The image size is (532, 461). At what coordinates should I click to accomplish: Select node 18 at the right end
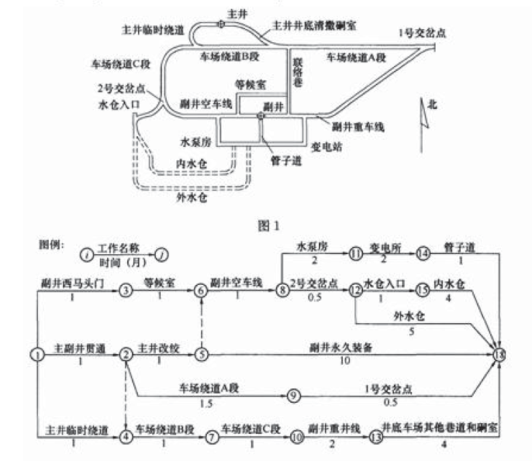(x=502, y=354)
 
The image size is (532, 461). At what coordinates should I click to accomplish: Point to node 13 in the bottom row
(x=376, y=437)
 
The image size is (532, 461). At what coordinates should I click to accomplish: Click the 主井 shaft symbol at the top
(x=220, y=24)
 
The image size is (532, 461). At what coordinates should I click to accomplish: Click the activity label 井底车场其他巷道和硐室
(x=440, y=426)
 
